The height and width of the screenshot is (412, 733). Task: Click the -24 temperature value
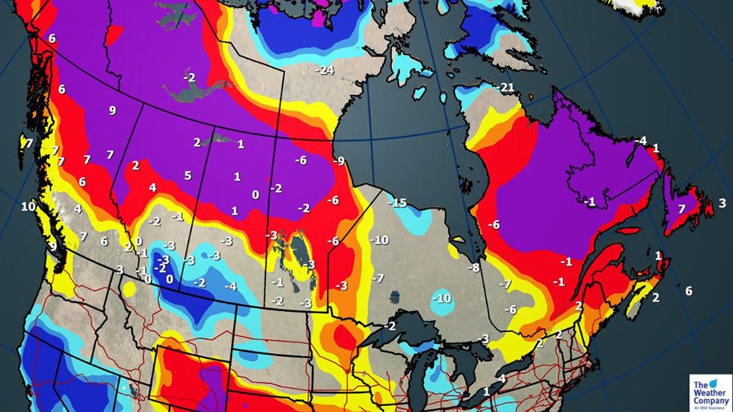(x=324, y=70)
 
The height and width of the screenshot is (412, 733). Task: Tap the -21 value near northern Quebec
(x=506, y=87)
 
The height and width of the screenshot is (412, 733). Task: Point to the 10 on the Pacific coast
(x=28, y=206)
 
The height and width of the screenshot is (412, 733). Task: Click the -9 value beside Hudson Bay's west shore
(x=340, y=161)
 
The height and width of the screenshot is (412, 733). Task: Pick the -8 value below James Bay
(x=473, y=268)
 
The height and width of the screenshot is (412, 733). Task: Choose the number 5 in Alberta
(x=188, y=176)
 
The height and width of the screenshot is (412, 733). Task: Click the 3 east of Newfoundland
(x=722, y=203)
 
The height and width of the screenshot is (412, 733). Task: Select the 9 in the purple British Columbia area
(x=112, y=111)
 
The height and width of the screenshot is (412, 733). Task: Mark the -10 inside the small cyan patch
(x=443, y=298)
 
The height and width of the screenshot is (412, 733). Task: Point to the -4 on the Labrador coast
(x=640, y=141)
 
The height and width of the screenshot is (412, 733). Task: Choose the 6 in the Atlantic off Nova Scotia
(x=688, y=290)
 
